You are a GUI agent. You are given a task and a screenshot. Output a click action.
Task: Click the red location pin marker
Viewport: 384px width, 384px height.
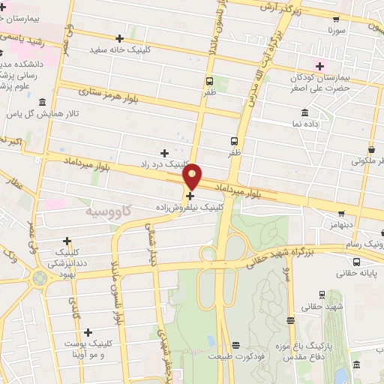(192, 175)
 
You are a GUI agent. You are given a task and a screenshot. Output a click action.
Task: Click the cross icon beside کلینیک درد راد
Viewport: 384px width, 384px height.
(164, 152)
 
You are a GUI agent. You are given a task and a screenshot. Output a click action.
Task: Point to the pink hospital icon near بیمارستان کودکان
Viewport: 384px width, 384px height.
(320, 66)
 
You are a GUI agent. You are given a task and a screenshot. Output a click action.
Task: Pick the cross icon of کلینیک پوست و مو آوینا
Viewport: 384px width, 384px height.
(88, 332)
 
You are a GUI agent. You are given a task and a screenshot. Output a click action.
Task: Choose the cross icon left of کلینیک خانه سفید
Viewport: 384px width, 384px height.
(120, 38)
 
